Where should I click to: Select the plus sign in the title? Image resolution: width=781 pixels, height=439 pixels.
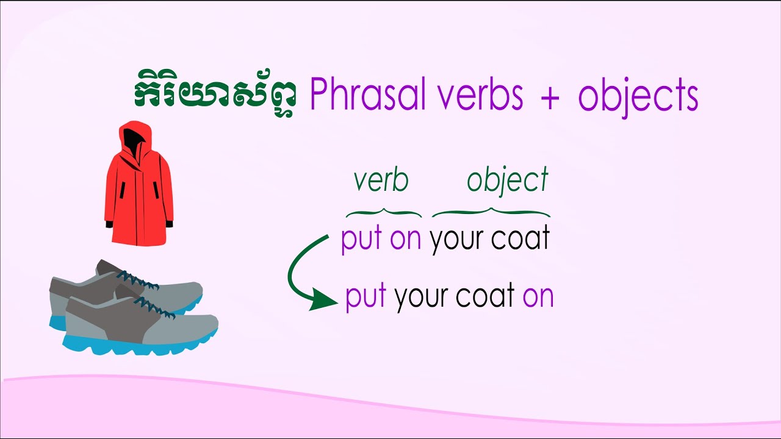click(x=549, y=98)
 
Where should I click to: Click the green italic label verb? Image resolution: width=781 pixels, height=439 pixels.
click(x=381, y=180)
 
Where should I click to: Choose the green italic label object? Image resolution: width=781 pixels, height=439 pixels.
click(x=508, y=181)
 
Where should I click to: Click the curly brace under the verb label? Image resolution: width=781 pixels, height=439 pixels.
click(x=384, y=213)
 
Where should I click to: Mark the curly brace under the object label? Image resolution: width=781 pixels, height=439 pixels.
click(x=491, y=213)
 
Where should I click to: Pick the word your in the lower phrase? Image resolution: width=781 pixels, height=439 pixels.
click(x=422, y=297)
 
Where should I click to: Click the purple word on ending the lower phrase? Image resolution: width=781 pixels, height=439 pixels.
click(x=538, y=297)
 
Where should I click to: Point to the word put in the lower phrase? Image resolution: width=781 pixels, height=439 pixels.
click(x=365, y=297)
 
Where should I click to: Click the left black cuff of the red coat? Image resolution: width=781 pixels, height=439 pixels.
click(x=109, y=224)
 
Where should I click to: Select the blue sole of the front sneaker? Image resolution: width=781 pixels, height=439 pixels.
click(x=140, y=344)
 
